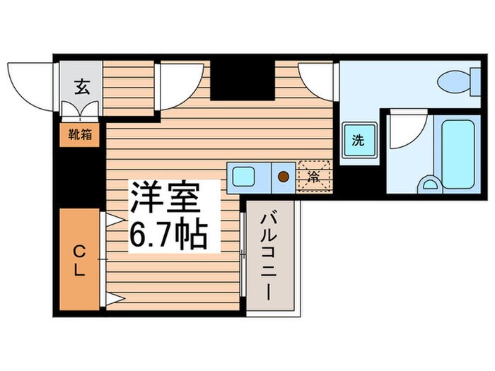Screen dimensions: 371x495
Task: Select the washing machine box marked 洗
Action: (x=359, y=140)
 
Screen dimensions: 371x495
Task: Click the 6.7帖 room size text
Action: (x=168, y=234)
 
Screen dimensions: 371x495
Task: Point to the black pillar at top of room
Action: (x=242, y=79)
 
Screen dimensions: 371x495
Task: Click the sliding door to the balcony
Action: (x=243, y=254)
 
